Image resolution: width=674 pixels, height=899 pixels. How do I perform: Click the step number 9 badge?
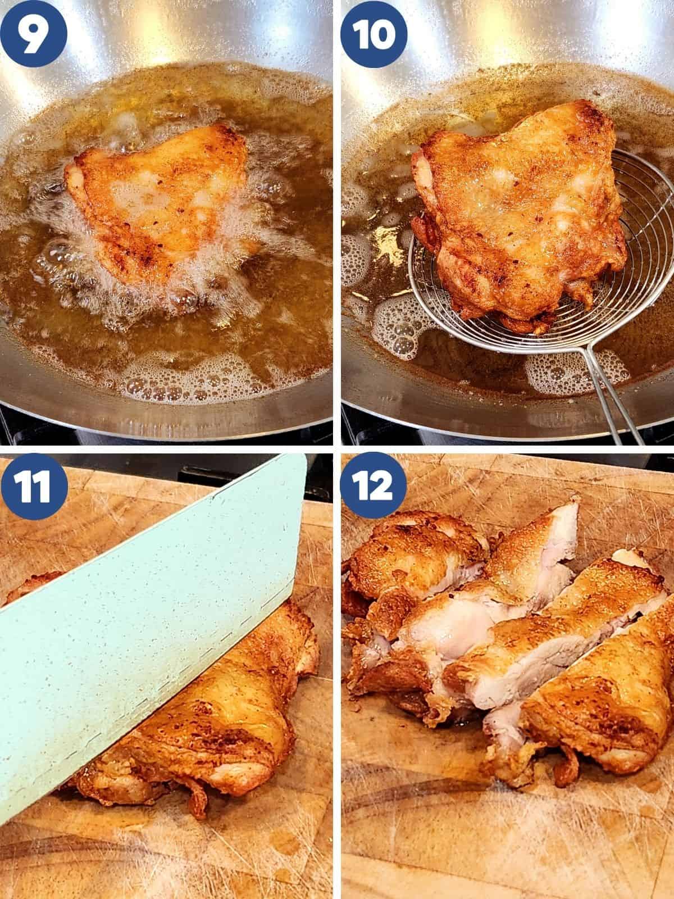click(x=34, y=34)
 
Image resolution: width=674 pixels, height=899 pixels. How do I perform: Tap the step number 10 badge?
click(x=374, y=34)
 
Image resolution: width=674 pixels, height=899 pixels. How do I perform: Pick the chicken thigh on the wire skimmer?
click(x=520, y=209)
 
